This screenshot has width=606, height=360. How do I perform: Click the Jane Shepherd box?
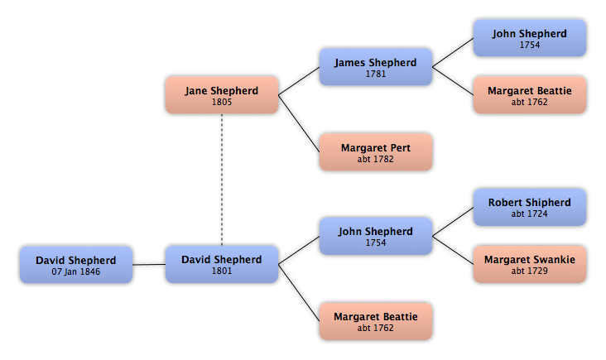(x=222, y=95)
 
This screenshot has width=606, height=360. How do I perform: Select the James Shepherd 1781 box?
(x=376, y=67)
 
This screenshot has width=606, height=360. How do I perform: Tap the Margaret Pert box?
(x=376, y=152)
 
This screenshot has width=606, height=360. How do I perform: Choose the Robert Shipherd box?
(x=530, y=207)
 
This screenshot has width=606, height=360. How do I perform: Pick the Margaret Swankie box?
(x=530, y=264)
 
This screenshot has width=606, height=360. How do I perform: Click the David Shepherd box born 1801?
(x=222, y=264)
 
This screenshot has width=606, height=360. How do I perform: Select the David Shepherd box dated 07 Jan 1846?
(x=76, y=265)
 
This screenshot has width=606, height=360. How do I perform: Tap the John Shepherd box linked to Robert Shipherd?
(x=376, y=236)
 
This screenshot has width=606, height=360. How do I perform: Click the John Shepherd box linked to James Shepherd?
(x=530, y=38)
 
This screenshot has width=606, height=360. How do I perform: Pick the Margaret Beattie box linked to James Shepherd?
(x=530, y=95)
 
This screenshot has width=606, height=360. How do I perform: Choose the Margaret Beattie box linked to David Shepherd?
(x=376, y=321)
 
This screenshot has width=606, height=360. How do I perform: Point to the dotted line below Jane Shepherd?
(x=222, y=180)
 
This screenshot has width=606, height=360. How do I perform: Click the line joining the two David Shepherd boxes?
(x=149, y=265)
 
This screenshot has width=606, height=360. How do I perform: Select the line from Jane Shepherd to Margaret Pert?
(x=299, y=123)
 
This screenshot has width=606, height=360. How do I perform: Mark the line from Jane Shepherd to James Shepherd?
(x=299, y=81)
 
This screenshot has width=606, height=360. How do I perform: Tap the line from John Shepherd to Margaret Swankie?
(x=453, y=250)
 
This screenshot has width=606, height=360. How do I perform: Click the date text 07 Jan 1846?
(x=76, y=271)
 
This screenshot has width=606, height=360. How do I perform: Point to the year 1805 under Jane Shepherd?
(x=222, y=102)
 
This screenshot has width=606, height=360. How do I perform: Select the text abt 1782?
(x=376, y=159)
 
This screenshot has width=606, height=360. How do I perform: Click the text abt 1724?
(x=530, y=214)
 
